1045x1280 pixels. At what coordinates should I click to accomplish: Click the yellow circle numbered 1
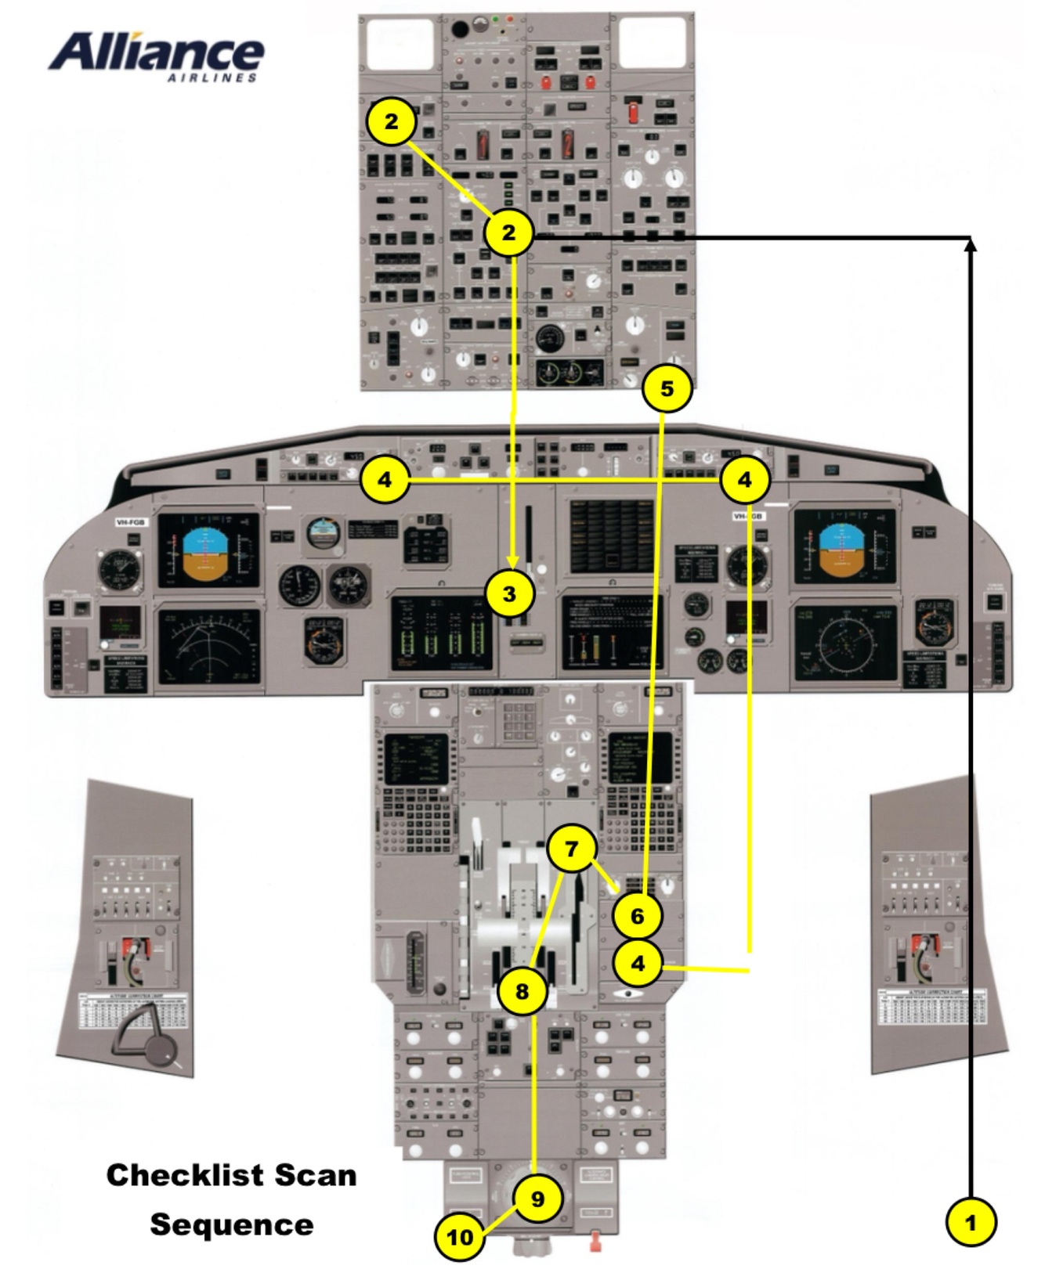971,1221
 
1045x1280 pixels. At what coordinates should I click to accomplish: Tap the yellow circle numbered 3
509,593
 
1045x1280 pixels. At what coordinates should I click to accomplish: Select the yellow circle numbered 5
667,388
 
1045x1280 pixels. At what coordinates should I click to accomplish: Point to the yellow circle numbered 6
637,915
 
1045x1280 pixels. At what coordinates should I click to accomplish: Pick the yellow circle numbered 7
571,849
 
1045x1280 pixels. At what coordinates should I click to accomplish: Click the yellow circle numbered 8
522,991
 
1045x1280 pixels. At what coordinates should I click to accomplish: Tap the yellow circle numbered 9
537,1199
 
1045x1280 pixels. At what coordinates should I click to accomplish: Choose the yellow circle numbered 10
461,1237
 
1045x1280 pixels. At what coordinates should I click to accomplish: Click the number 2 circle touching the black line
509,233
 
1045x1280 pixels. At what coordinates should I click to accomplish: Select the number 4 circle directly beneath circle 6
638,963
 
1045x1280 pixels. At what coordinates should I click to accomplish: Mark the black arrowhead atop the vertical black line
971,244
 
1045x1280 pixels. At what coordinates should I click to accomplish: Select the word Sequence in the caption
231,1224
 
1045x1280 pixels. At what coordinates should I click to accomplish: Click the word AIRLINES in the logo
212,78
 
